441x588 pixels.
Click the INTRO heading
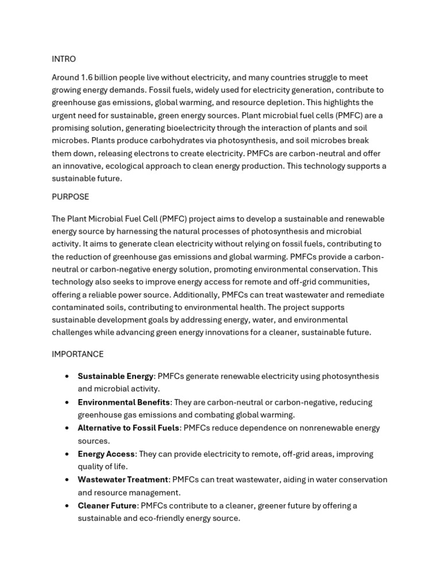click(63, 59)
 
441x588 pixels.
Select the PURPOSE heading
click(70, 197)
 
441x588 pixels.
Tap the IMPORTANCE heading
click(78, 354)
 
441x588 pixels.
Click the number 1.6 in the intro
click(87, 78)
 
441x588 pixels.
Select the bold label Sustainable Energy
click(115, 376)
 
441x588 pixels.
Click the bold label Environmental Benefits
click(123, 402)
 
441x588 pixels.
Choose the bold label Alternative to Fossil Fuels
click(129, 428)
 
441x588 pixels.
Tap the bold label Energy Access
click(106, 454)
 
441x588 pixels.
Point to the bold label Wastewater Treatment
click(123, 479)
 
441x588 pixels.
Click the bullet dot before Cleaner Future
click(67, 506)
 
